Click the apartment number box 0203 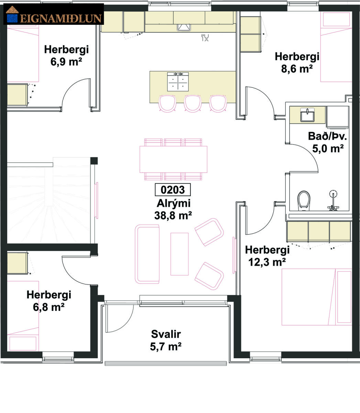click(x=173, y=190)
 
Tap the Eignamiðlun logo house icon click(x=12, y=14)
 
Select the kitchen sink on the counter click(x=184, y=28)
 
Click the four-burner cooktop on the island click(x=178, y=82)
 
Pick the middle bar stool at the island click(x=193, y=103)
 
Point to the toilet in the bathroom click(x=304, y=201)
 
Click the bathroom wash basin click(x=307, y=115)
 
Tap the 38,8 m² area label click(x=173, y=215)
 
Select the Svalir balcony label click(x=166, y=334)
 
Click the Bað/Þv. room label click(x=327, y=136)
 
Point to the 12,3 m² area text click(x=267, y=262)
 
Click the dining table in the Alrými click(x=173, y=159)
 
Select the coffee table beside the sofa click(x=179, y=254)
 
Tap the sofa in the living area click(x=147, y=254)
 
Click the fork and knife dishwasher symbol click(x=205, y=38)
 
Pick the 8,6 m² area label click(x=297, y=69)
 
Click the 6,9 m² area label click(x=66, y=62)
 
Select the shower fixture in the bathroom click(x=333, y=200)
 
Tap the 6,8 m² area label click(x=48, y=307)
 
